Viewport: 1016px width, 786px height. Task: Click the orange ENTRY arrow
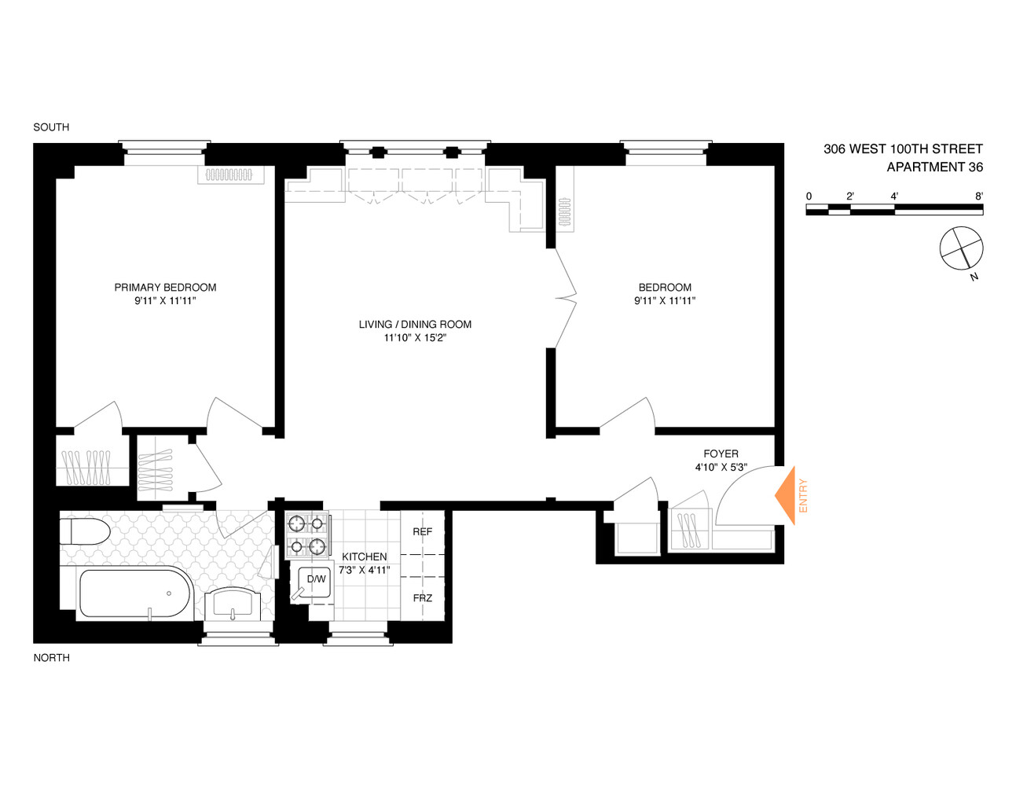786,496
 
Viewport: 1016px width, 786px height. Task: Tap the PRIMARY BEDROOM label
165,288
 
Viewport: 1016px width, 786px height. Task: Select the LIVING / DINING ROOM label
415,325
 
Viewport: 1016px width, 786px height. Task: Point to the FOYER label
721,454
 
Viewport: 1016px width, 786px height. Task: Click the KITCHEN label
364,556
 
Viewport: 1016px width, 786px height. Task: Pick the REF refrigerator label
423,532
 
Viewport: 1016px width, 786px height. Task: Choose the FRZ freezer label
423,598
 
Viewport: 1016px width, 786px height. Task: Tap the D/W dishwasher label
316,579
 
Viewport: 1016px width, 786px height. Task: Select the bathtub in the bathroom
134,592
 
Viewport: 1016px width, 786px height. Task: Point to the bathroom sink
233,604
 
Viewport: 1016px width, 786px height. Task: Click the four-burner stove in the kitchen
306,534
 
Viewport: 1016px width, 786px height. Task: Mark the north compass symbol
961,249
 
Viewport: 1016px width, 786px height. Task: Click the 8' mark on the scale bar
978,196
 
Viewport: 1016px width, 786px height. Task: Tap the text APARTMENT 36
934,167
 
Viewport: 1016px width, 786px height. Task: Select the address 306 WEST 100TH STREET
903,149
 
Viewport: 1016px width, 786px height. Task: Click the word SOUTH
51,127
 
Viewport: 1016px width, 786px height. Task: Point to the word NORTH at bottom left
51,658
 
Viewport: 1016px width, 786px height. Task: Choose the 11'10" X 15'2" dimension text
415,338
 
